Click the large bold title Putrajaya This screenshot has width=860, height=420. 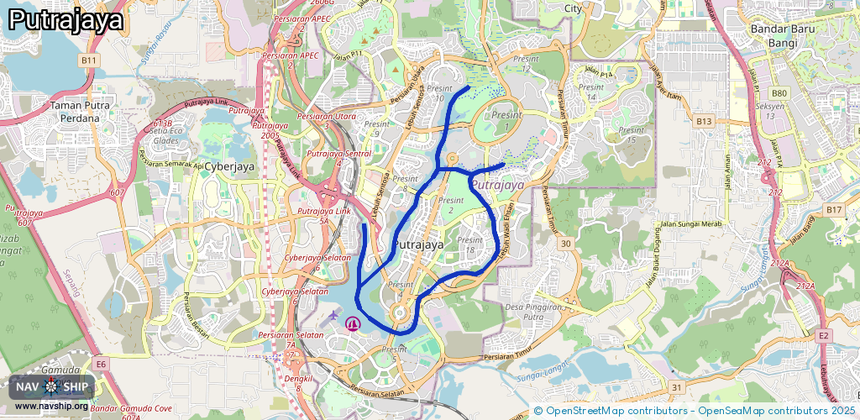pyautogui.click(x=66, y=20)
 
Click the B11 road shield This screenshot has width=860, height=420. pyautogui.click(x=90, y=61)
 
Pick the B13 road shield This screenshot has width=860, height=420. pyautogui.click(x=703, y=122)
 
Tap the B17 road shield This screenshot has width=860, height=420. pyautogui.click(x=833, y=209)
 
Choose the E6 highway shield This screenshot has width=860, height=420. pyautogui.click(x=101, y=364)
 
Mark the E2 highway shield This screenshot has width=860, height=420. pyautogui.click(x=825, y=336)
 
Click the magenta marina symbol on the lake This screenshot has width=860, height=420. pyautogui.click(x=353, y=322)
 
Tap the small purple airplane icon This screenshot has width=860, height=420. pyautogui.click(x=334, y=316)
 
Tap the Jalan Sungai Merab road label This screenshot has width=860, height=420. pyautogui.click(x=690, y=223)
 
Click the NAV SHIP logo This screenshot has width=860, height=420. pyautogui.click(x=52, y=386)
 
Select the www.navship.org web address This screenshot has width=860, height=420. pyautogui.click(x=51, y=407)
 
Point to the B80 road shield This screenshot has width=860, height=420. pyautogui.click(x=779, y=93)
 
